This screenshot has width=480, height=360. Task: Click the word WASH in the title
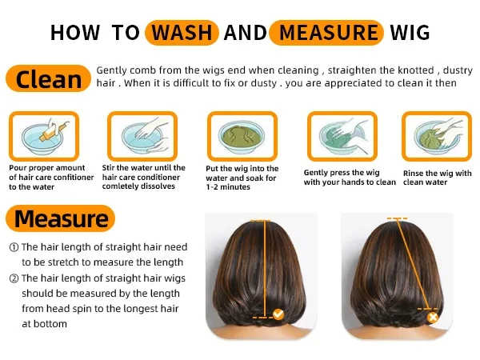pos(182,33)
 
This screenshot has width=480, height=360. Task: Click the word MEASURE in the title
pos(329,33)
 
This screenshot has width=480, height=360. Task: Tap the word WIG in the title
pos(410,33)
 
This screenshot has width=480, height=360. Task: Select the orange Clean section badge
pos(48,78)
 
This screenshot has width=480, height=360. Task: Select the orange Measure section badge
pos(60,218)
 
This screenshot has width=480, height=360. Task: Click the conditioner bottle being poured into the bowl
pos(54,130)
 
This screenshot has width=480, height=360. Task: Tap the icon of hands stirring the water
pos(142,136)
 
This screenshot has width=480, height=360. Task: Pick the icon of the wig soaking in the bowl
pos(242,136)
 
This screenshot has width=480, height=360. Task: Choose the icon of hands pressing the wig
pos(342,136)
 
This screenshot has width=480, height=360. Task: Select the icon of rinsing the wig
pos(437,136)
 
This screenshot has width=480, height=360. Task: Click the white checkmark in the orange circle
pos(278,314)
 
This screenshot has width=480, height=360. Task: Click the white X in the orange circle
pos(433,318)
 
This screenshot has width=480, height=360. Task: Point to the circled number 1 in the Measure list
pos(14,247)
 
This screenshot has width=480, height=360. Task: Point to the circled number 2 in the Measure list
pos(14,278)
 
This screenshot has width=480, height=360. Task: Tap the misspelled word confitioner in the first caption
pos(73,178)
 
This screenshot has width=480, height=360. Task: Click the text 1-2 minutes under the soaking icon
pos(228,187)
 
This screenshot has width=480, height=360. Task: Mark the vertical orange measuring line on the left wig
pos(265,269)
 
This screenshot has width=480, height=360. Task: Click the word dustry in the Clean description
pos(458,70)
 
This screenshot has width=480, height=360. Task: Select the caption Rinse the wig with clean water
pos(437,178)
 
